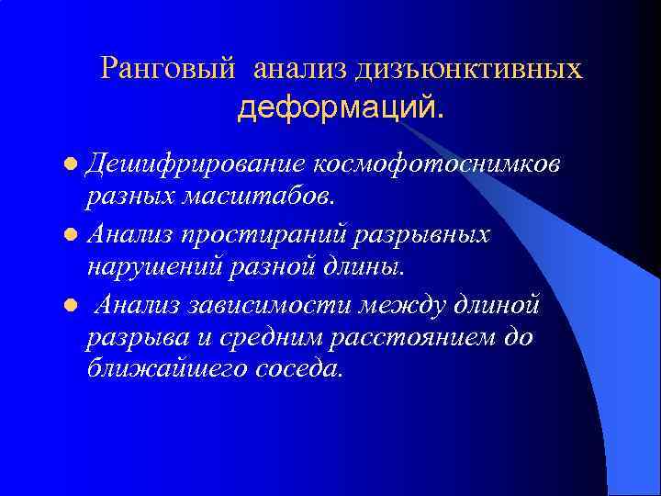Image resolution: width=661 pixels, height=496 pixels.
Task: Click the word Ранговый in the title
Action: (172, 68)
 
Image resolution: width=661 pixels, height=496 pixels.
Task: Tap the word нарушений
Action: (153, 267)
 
